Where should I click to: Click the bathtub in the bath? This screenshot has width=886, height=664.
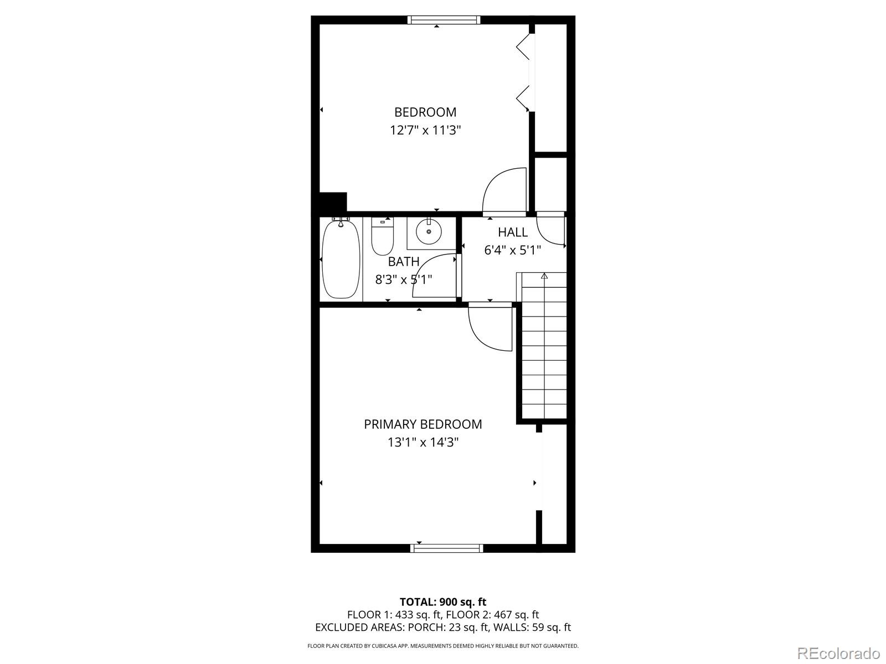[341, 258]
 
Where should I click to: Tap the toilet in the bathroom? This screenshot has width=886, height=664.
[382, 237]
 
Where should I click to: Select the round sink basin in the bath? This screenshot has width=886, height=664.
[429, 231]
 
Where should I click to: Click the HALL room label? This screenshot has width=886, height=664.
[513, 232]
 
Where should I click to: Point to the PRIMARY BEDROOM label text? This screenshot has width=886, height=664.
[423, 424]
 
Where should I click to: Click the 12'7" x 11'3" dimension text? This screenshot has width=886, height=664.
[425, 131]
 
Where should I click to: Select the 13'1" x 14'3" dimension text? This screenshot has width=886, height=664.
[423, 443]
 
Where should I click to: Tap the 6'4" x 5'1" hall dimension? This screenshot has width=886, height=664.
[513, 250]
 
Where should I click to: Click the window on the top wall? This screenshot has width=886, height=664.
[444, 20]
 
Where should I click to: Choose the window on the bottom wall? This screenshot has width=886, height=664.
[447, 548]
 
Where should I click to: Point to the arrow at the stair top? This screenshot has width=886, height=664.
[544, 276]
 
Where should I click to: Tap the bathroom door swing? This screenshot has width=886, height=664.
[435, 276]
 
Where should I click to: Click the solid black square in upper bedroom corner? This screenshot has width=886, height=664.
[333, 201]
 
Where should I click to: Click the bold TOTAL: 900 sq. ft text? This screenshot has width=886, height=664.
[443, 601]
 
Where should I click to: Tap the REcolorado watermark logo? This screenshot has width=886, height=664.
[839, 653]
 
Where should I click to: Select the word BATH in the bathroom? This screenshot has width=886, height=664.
[404, 262]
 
